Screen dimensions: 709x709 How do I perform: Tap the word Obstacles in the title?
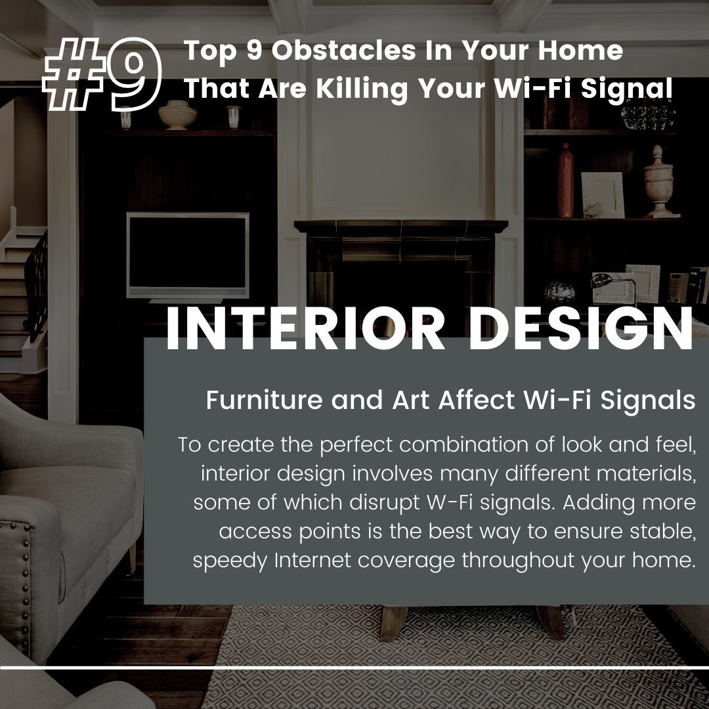pyautogui.click(x=343, y=50)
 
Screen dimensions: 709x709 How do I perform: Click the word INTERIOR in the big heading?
pyautogui.click(x=306, y=328)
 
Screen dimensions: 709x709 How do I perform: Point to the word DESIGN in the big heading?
pyautogui.click(x=580, y=328)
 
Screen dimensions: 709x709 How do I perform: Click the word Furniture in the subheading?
pyautogui.click(x=265, y=400)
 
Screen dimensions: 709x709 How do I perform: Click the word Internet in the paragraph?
pyautogui.click(x=312, y=560)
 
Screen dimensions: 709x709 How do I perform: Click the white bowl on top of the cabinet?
pyautogui.click(x=178, y=115)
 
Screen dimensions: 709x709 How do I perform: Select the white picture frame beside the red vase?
pyautogui.click(x=603, y=195)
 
